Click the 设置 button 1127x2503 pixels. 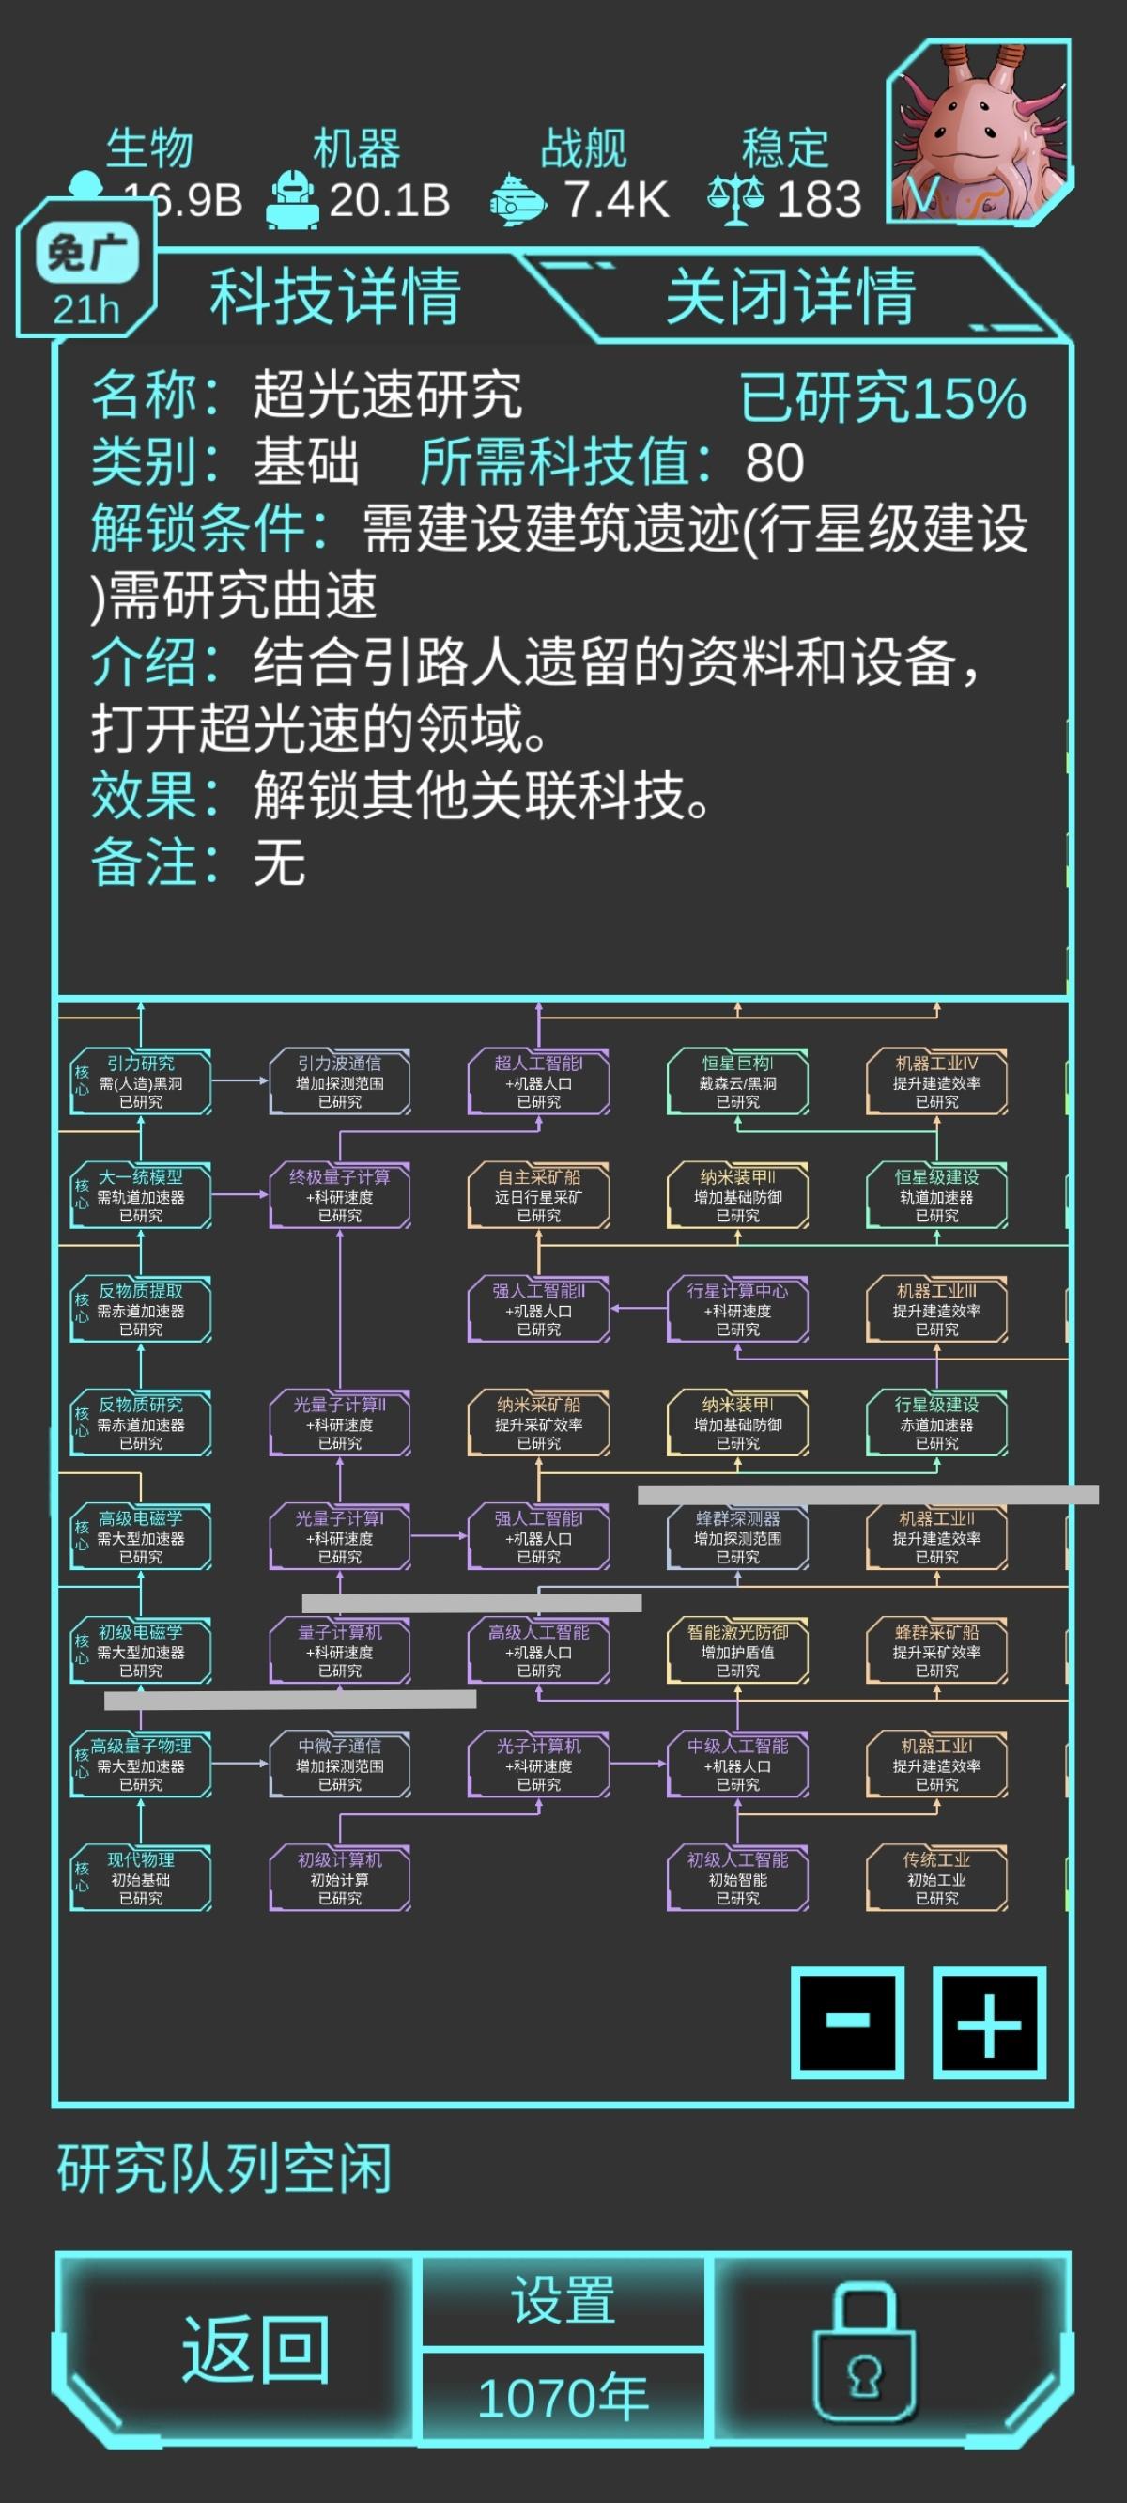[x=563, y=2301]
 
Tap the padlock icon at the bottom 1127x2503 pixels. [x=865, y=2350]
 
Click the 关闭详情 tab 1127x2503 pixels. [x=789, y=295]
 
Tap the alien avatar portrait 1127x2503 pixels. [x=980, y=132]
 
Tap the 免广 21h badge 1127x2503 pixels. [x=86, y=276]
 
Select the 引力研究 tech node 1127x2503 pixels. [x=141, y=1081]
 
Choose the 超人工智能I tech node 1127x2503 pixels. [x=538, y=1081]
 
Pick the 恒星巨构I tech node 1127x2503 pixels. [x=737, y=1081]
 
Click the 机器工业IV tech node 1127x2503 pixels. [x=936, y=1081]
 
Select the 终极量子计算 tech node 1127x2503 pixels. [x=340, y=1195]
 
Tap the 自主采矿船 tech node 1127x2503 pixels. [x=538, y=1195]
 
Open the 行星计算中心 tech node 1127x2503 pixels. [x=737, y=1309]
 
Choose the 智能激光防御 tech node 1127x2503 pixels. [x=737, y=1651]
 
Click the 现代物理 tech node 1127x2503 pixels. [x=141, y=1878]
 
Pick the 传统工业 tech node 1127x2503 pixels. [x=936, y=1878]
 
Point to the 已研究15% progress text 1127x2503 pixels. [x=882, y=397]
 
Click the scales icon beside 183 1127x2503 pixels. [x=735, y=199]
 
